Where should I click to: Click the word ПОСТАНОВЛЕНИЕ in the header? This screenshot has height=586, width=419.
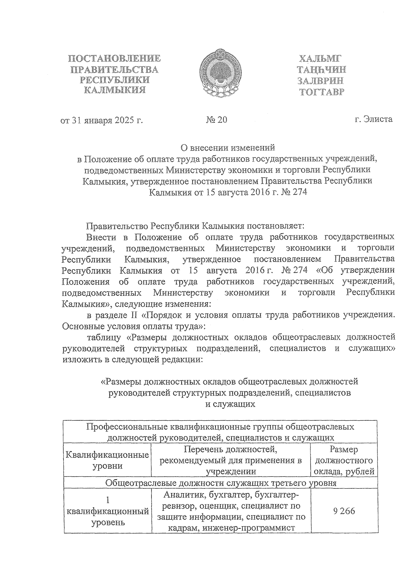tap(114, 58)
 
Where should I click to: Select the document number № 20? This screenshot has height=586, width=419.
tap(216, 120)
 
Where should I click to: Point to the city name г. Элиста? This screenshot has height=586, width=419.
tap(373, 119)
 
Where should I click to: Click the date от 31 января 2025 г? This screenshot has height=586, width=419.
tap(102, 120)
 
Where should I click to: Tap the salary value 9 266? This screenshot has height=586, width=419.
tap(344, 511)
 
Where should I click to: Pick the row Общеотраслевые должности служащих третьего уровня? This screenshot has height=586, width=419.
tap(221, 483)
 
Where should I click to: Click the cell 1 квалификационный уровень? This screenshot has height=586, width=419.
tap(108, 511)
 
